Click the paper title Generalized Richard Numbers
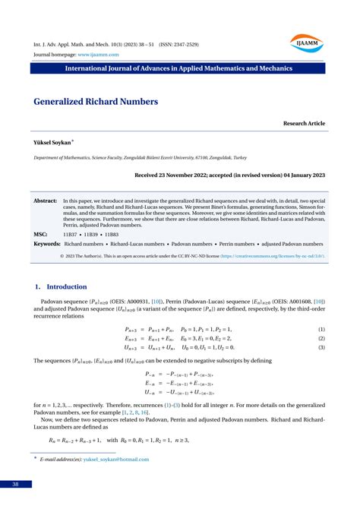click(96, 101)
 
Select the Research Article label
click(304, 123)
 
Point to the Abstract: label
click(46, 201)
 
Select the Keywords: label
click(47, 244)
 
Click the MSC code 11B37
click(70, 234)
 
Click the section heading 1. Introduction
click(62, 286)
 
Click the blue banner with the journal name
click(179, 68)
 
